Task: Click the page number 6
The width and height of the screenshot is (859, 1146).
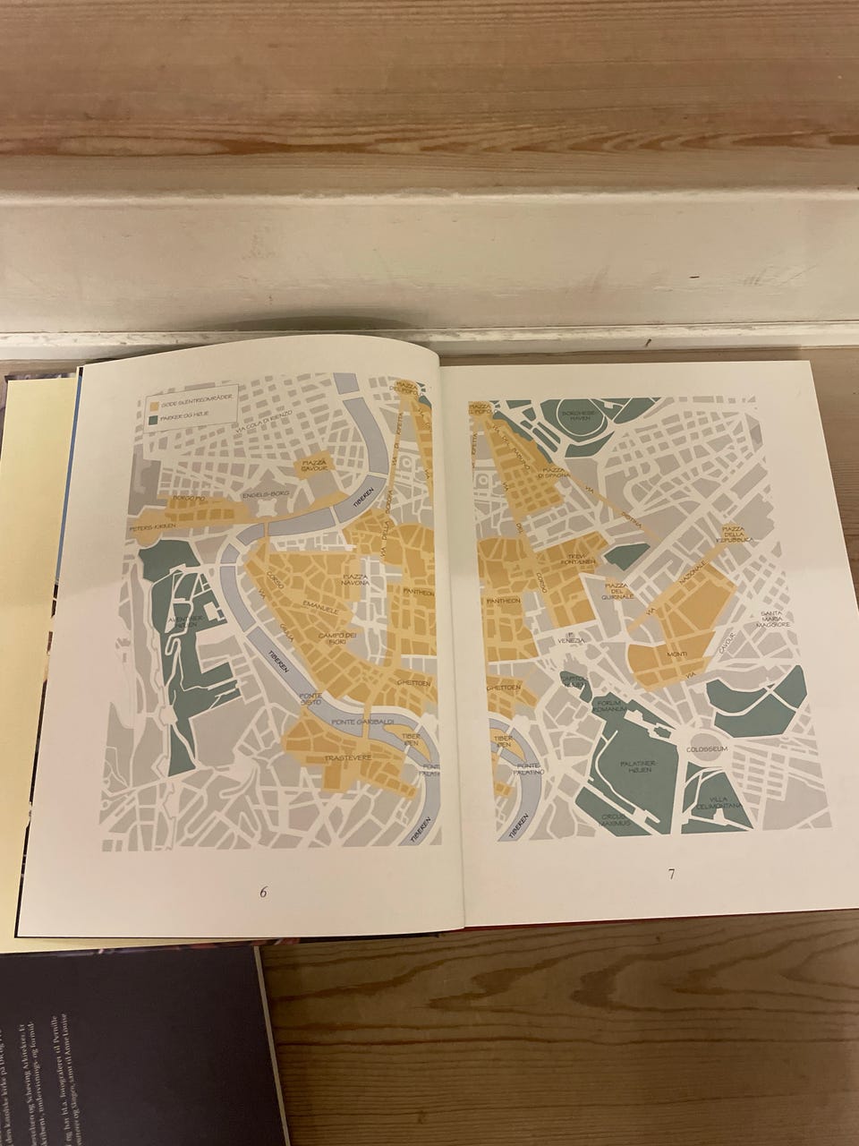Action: [x=264, y=892]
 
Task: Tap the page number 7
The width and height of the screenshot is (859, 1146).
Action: [x=670, y=875]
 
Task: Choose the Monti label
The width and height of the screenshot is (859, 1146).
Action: [x=677, y=654]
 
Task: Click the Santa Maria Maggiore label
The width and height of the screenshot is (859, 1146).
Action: [x=776, y=619]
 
